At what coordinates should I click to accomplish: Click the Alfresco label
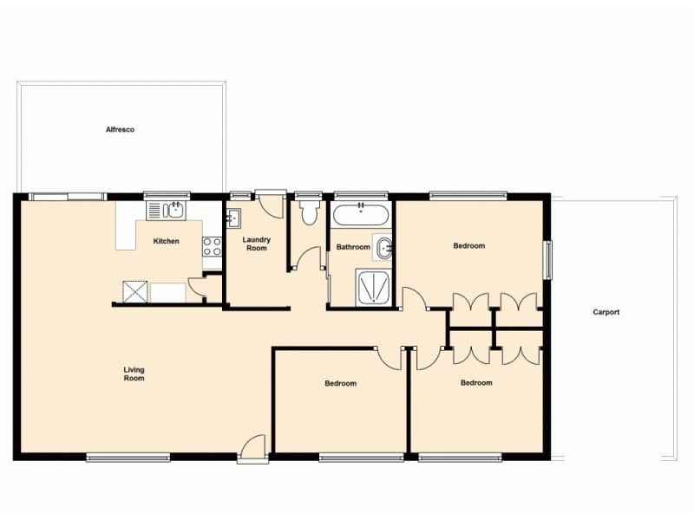pyautogui.click(x=120, y=129)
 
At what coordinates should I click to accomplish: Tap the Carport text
pyautogui.click(x=606, y=312)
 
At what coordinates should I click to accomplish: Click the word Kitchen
pyautogui.click(x=166, y=241)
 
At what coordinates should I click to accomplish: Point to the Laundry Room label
pyautogui.click(x=257, y=244)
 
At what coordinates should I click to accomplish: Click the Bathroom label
pyautogui.click(x=353, y=247)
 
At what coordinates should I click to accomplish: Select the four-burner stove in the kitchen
pyautogui.click(x=212, y=245)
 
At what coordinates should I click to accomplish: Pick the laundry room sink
pyautogui.click(x=234, y=217)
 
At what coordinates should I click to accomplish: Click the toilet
pyautogui.click(x=309, y=212)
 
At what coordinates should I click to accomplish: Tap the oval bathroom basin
pyautogui.click(x=383, y=247)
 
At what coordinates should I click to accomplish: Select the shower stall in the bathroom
pyautogui.click(x=374, y=286)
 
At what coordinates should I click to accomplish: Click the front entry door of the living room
pyautogui.click(x=252, y=445)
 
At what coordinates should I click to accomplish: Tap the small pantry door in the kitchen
pyautogui.click(x=197, y=289)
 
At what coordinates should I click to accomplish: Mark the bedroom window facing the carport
pyautogui.click(x=547, y=259)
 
